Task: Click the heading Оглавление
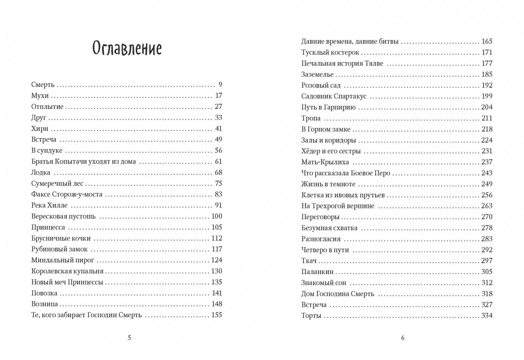tap(127, 49)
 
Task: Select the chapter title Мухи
tap(40, 96)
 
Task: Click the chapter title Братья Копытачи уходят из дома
tap(83, 162)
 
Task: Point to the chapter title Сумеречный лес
tap(57, 184)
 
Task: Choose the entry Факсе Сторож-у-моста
tap(67, 194)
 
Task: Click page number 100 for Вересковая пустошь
tap(216, 216)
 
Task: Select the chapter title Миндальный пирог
tap(63, 260)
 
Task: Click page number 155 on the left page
tap(216, 315)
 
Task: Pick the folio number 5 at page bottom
tap(129, 338)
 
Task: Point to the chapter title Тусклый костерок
tap(330, 53)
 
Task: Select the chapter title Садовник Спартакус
tap(334, 96)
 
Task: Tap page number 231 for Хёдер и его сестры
tap(487, 151)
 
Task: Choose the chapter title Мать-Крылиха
tap(325, 162)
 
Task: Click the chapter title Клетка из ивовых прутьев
tap(343, 195)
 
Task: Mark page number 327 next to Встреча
tap(487, 305)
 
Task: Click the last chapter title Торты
tap(311, 316)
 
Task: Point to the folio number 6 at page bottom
tap(403, 338)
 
